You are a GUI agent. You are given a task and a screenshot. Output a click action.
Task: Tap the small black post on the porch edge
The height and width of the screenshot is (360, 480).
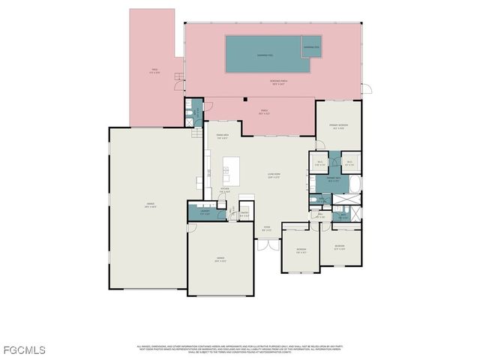coord(245,99)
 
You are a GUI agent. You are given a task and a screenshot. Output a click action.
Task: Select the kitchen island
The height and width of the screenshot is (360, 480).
coord(232,171)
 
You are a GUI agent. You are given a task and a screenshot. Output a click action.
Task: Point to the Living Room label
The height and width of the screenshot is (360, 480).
coord(274,177)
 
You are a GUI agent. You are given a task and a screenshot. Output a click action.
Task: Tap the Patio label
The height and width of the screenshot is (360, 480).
coord(154,72)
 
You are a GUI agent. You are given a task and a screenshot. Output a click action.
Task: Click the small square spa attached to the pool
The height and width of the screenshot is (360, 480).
coord(311,46)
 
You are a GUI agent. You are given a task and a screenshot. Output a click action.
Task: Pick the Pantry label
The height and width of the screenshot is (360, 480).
coord(244,214)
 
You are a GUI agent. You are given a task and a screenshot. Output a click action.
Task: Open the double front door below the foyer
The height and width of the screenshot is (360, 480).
coord(262,245)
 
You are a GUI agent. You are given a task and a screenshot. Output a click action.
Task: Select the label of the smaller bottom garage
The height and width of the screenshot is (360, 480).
coord(220,259)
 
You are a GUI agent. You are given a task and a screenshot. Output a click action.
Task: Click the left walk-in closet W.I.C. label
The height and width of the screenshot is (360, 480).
coord(319,163)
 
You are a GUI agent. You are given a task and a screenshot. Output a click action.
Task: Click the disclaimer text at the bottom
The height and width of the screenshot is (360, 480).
coord(238,349)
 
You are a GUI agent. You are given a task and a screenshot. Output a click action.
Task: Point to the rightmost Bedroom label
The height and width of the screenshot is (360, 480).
coord(339,247)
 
